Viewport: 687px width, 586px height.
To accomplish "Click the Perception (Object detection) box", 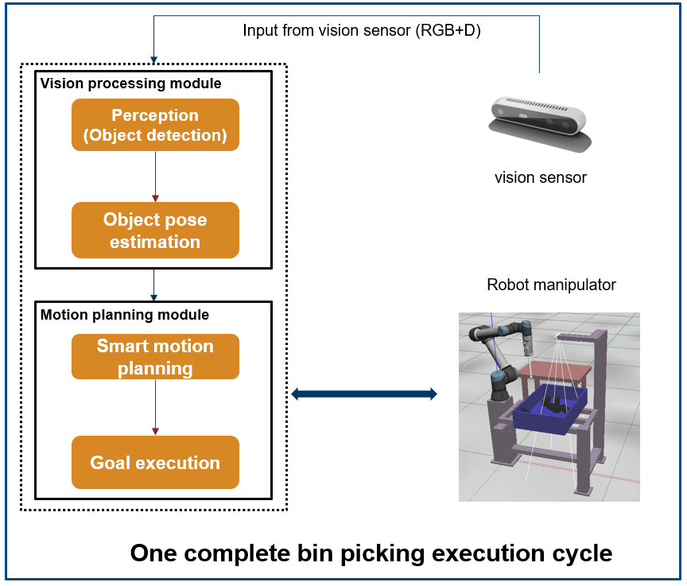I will point(155,125).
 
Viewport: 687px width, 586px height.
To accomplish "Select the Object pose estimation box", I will point(155,231).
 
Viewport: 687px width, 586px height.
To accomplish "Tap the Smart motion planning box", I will point(155,357).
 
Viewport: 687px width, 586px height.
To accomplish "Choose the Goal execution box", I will point(155,462).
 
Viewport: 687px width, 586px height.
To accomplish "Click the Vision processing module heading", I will point(131,83).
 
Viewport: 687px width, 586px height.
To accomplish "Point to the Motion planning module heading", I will point(125,315).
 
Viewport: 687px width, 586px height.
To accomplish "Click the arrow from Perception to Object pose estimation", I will point(155,176).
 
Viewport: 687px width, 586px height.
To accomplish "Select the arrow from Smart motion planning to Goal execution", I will point(155,408).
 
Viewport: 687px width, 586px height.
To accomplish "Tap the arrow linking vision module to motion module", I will point(155,285).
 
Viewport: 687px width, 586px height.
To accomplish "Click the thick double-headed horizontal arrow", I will point(364,393).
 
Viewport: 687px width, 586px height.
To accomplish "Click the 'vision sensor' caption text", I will point(540,177).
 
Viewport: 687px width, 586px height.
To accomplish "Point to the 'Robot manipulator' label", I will point(551,285).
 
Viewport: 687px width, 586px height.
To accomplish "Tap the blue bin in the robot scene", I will point(549,413).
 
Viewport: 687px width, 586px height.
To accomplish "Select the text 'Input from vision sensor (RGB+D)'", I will point(362,31).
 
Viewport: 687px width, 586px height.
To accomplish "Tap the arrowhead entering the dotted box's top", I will point(153,58).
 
